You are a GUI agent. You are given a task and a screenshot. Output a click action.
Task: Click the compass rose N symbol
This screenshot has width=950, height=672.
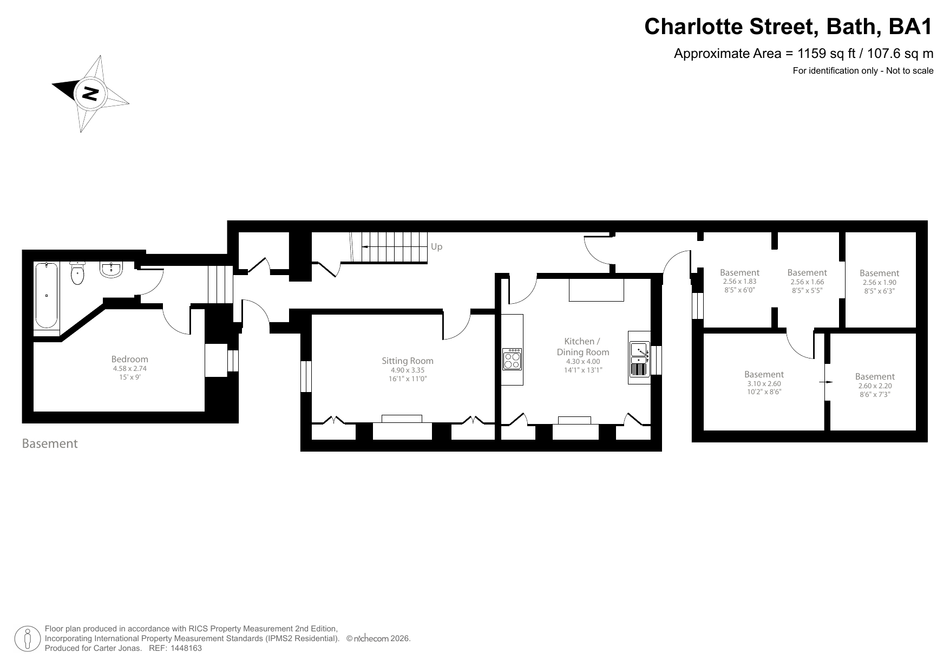click(x=89, y=94)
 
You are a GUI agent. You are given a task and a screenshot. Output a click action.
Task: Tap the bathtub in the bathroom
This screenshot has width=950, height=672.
click(x=47, y=296)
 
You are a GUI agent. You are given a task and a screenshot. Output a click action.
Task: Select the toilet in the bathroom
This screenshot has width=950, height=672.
click(x=78, y=274)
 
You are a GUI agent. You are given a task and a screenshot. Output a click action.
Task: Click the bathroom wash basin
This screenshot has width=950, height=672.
click(x=112, y=269)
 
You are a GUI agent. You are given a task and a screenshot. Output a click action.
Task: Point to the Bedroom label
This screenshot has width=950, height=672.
click(x=129, y=359)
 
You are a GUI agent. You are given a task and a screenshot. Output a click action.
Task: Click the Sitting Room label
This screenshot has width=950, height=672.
click(x=407, y=361)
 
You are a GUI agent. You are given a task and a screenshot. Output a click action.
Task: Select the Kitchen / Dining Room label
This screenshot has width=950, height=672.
click(x=582, y=347)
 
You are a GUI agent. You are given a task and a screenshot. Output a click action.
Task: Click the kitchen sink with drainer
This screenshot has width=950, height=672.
click(x=639, y=359)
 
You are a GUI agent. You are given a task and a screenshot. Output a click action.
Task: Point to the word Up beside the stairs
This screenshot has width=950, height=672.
click(x=436, y=247)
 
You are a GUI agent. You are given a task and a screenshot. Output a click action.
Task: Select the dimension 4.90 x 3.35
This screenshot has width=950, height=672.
click(x=408, y=370)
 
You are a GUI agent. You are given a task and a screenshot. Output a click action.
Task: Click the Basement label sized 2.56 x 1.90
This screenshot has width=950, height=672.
click(x=879, y=273)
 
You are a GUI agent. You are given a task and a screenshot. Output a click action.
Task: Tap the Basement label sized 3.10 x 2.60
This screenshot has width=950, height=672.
click(x=764, y=375)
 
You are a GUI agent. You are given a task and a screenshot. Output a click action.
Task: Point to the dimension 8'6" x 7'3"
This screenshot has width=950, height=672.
click(x=875, y=395)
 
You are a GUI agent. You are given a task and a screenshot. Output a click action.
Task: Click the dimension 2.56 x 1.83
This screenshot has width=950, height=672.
click(x=739, y=282)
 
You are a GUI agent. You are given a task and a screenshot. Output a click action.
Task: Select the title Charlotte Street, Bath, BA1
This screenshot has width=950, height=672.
click(x=788, y=26)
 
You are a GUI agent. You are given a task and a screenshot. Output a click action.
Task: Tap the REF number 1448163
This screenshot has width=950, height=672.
click(x=186, y=648)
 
